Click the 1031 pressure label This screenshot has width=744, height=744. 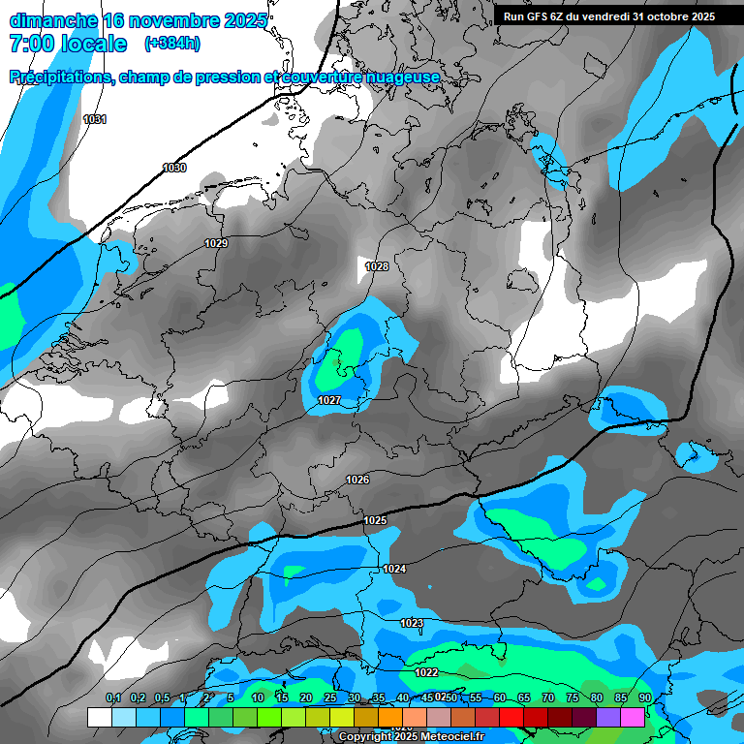[x=95, y=119]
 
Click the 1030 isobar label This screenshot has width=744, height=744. [x=174, y=168]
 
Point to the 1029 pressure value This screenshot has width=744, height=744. [x=216, y=243]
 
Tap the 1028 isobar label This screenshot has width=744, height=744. [x=377, y=266]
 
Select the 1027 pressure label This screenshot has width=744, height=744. [x=328, y=400]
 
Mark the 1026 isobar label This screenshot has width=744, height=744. [x=357, y=480]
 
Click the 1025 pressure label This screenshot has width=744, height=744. [x=375, y=521]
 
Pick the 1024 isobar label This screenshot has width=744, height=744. [x=394, y=569]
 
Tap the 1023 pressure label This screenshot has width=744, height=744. [x=412, y=623]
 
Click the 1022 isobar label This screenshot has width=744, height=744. [x=426, y=672]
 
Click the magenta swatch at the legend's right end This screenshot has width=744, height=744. [x=632, y=717]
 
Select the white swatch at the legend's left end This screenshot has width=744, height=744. [x=99, y=717]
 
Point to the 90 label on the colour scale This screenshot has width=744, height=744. [x=644, y=697]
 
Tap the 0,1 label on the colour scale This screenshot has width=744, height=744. [x=113, y=697]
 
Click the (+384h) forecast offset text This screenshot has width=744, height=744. [x=171, y=44]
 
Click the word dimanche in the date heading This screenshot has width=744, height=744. [x=48, y=20]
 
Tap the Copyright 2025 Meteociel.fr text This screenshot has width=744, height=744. [x=411, y=736]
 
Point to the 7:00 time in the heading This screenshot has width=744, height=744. [x=31, y=44]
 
